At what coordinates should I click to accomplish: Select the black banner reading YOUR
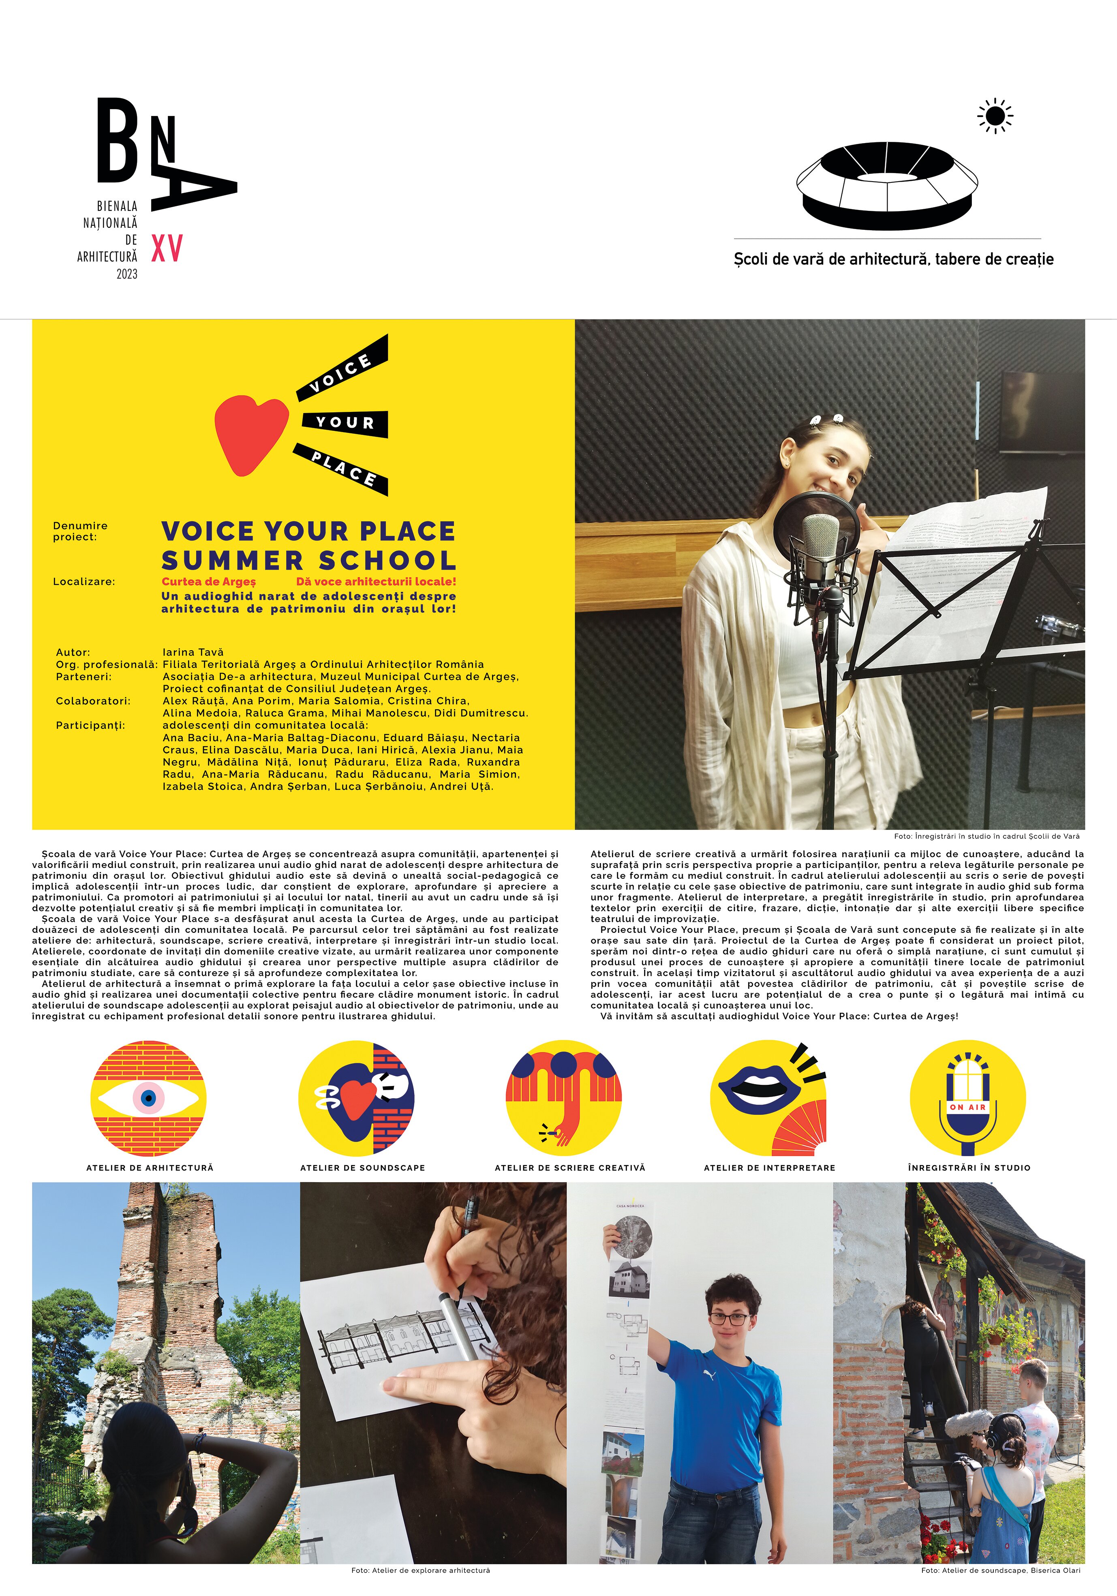[x=345, y=423]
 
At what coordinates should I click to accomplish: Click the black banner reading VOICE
[x=342, y=368]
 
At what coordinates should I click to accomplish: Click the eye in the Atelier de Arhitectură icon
[x=148, y=1098]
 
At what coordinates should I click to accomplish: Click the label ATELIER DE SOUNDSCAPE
[x=362, y=1168]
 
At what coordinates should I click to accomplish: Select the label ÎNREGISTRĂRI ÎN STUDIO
[x=969, y=1168]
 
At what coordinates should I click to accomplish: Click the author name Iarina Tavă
[x=193, y=652]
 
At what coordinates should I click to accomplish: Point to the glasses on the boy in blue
[x=729, y=1319]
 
